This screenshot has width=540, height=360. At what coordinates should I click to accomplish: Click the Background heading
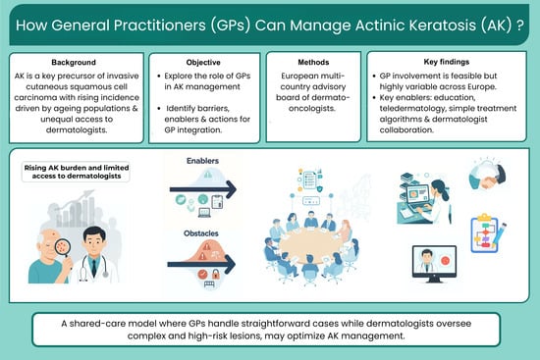point(74,63)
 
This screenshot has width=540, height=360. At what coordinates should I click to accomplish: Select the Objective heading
point(203,63)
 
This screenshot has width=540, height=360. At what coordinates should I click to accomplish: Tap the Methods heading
point(313,63)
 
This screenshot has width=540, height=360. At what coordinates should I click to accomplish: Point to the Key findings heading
point(447,62)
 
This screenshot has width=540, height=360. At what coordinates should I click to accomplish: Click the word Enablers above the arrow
point(202,161)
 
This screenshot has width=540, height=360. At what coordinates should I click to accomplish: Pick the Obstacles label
point(201,233)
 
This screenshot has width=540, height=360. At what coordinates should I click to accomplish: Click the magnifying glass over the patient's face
point(64,248)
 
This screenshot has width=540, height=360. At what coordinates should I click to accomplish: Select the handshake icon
point(487,176)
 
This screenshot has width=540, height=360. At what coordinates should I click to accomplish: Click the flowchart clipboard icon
point(487,233)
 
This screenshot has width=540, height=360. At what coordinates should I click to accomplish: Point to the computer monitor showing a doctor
point(434,264)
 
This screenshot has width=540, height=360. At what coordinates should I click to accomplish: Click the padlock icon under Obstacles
point(216,274)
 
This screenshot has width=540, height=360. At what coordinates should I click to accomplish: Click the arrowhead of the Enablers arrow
point(231,189)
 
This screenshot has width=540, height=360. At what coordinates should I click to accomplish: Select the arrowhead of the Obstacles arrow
point(230,265)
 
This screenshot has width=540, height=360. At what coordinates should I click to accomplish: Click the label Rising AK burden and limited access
point(77,172)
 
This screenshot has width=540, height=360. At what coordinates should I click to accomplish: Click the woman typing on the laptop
point(437,201)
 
